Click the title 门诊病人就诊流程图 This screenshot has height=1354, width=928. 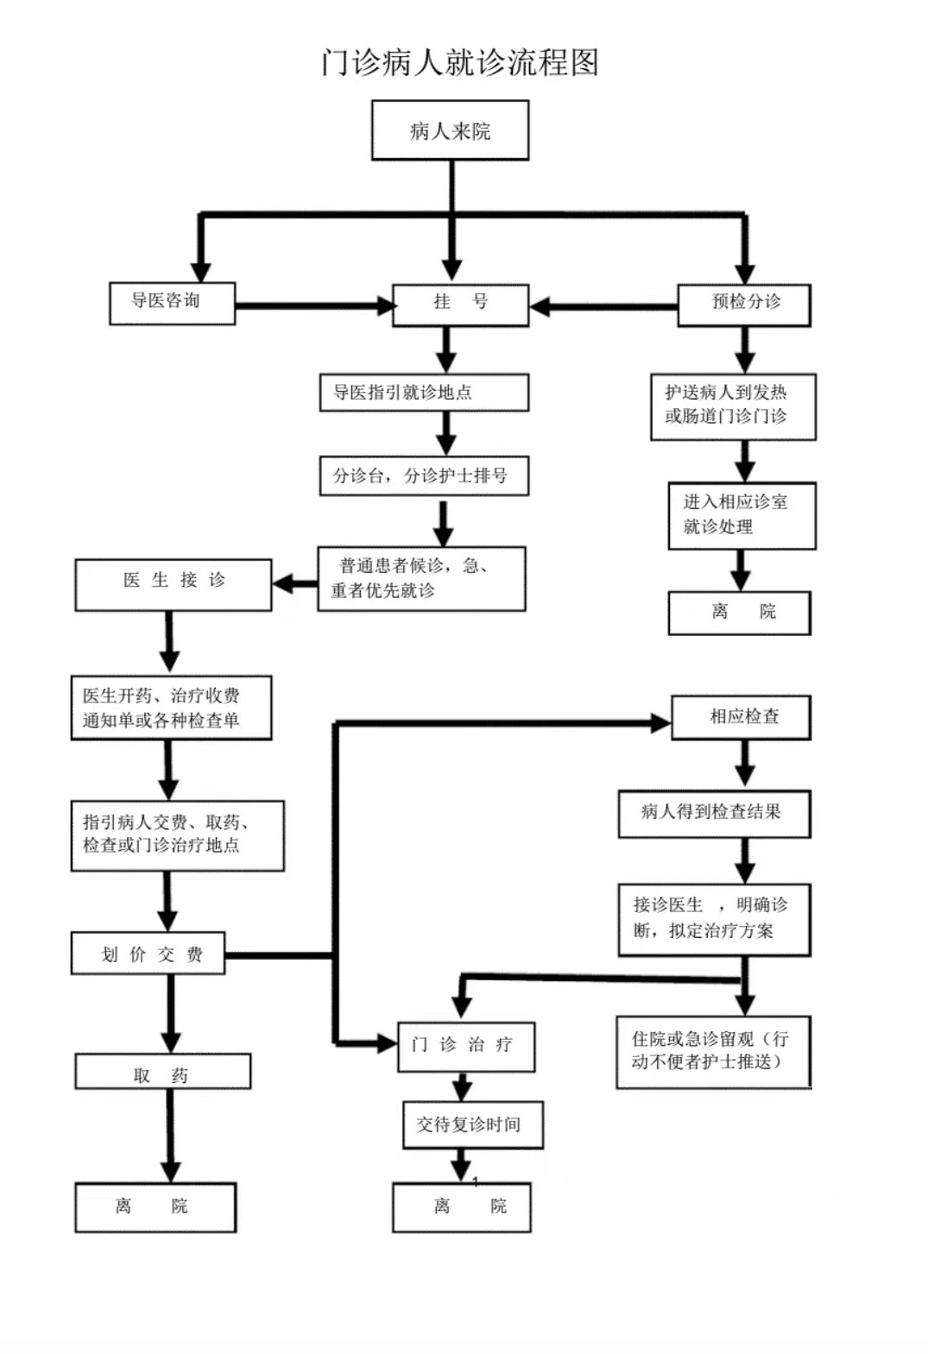pos(459,62)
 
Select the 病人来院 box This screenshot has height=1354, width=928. pos(450,130)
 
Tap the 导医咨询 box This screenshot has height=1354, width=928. pos(172,303)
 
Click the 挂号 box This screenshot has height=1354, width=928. pos(460,304)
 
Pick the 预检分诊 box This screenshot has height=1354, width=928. pos(744,304)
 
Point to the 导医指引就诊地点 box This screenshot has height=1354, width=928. pos(424,393)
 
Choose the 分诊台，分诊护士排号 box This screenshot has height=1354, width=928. pos(424,475)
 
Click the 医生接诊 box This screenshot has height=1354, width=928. pos(174,584)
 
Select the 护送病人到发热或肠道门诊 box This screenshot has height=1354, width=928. pos(733,406)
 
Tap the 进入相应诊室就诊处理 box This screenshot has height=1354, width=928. pos(742,515)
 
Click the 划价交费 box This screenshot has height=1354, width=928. pos(148,954)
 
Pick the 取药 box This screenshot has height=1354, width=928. pos(162,1073)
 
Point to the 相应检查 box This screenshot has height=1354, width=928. pos(741,716)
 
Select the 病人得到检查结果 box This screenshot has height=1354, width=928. pos(714,813)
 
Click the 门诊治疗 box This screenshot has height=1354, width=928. pos(466,1046)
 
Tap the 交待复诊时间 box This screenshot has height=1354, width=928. pos(473,1124)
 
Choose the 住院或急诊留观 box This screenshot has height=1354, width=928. pos(713,1051)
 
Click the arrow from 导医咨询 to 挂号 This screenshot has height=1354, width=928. pos(314,305)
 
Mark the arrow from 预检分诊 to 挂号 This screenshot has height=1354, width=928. pos(603,306)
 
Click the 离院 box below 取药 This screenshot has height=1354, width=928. pos(155,1206)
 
